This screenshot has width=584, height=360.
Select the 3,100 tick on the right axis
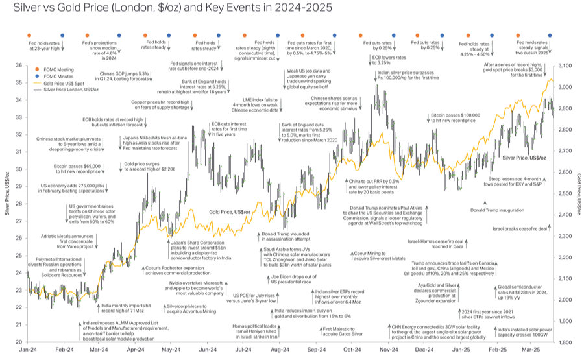click(x=565, y=66)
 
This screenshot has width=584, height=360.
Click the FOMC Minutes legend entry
click(x=49, y=76)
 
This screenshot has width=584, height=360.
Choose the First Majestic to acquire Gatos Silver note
click(x=334, y=333)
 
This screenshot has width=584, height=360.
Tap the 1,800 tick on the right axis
click(x=565, y=342)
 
